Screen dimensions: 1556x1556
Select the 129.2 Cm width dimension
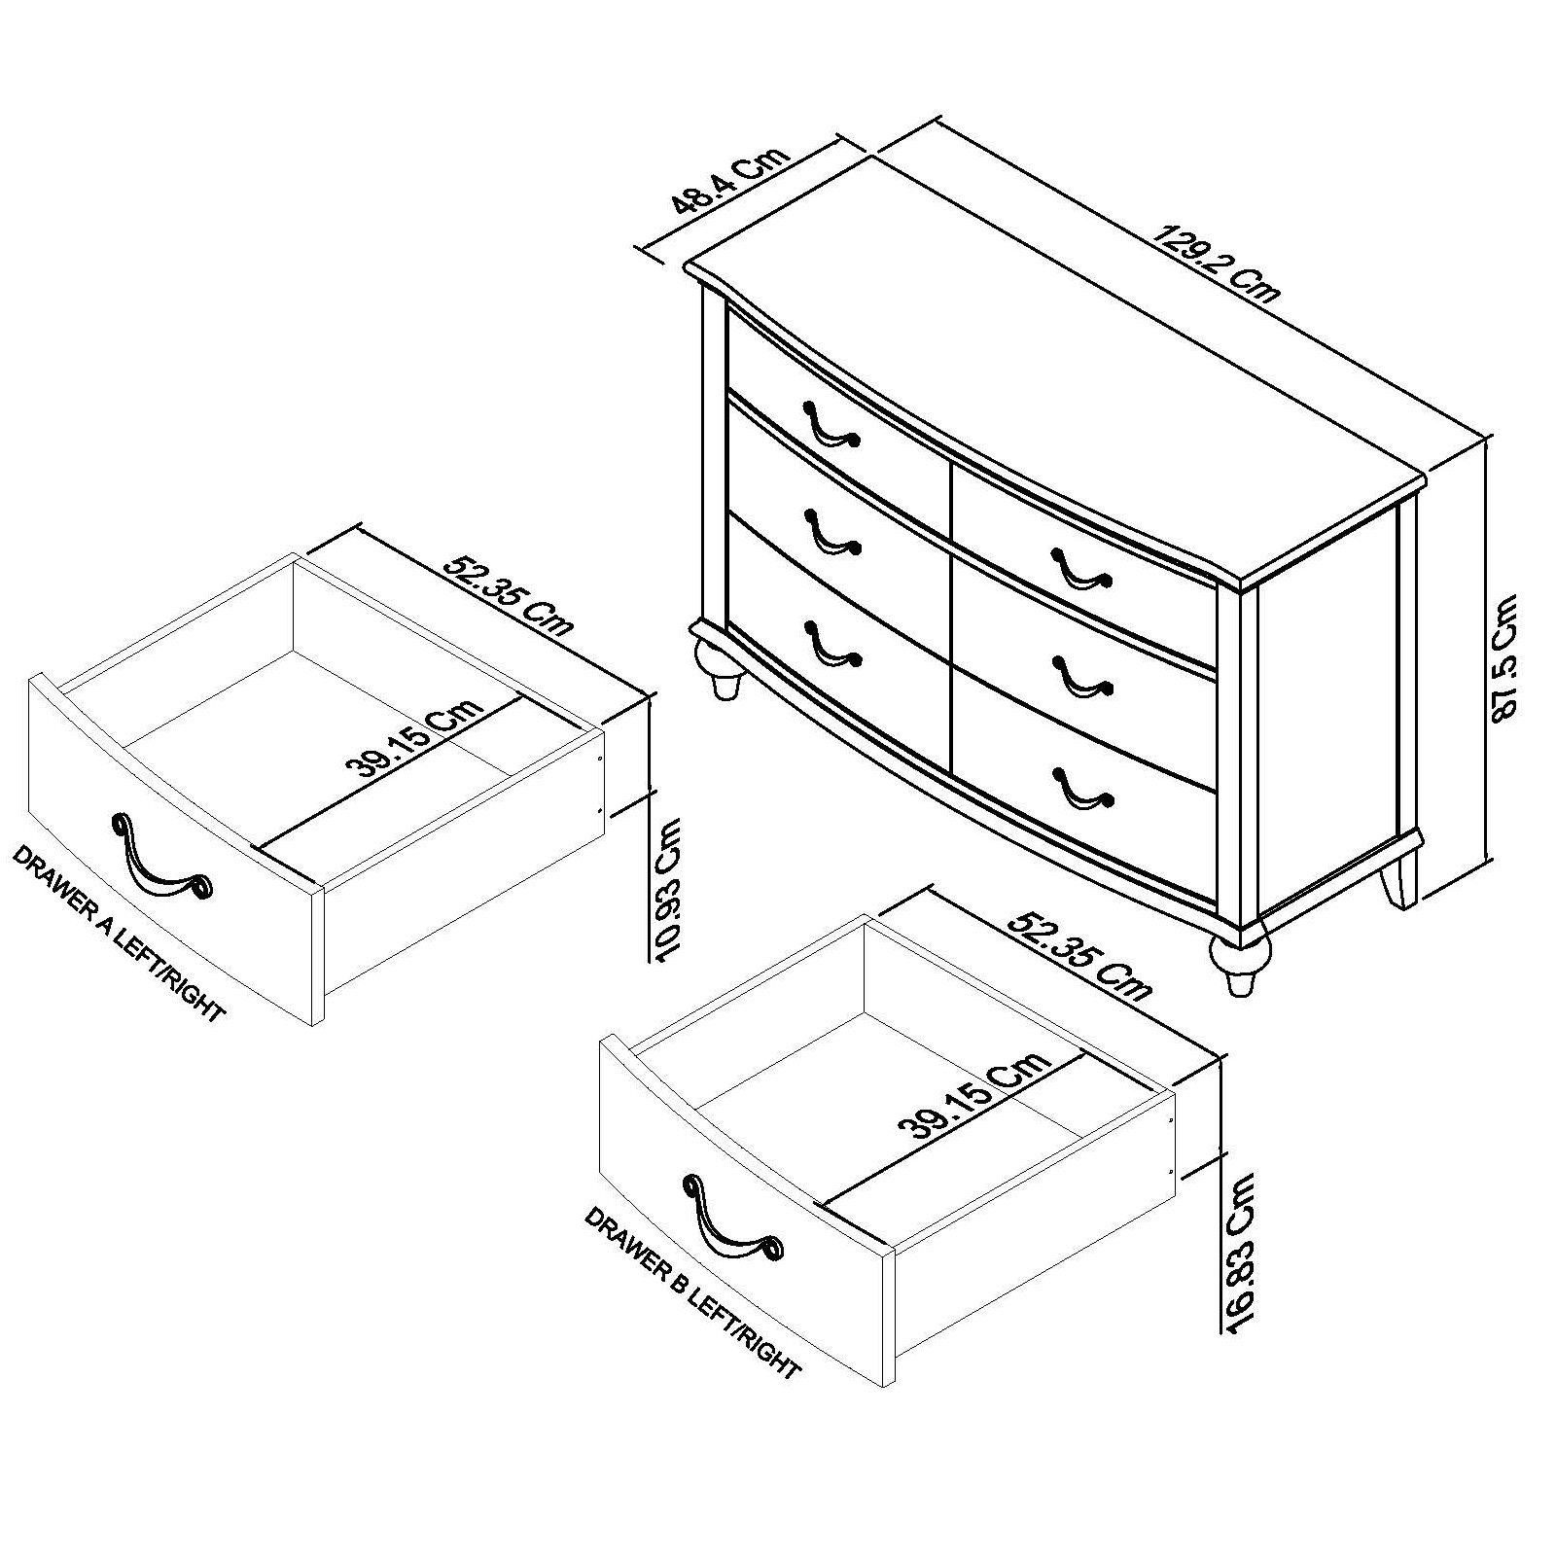click(1216, 264)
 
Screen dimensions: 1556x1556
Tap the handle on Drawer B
click(729, 1220)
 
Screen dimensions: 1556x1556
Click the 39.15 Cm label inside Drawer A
click(417, 739)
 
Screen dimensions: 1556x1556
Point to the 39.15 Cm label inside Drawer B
click(975, 1095)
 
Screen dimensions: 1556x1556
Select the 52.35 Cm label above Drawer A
click(508, 595)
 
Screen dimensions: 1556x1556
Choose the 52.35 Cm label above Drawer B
click(1079, 954)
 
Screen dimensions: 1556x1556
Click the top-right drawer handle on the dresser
click(1079, 568)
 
